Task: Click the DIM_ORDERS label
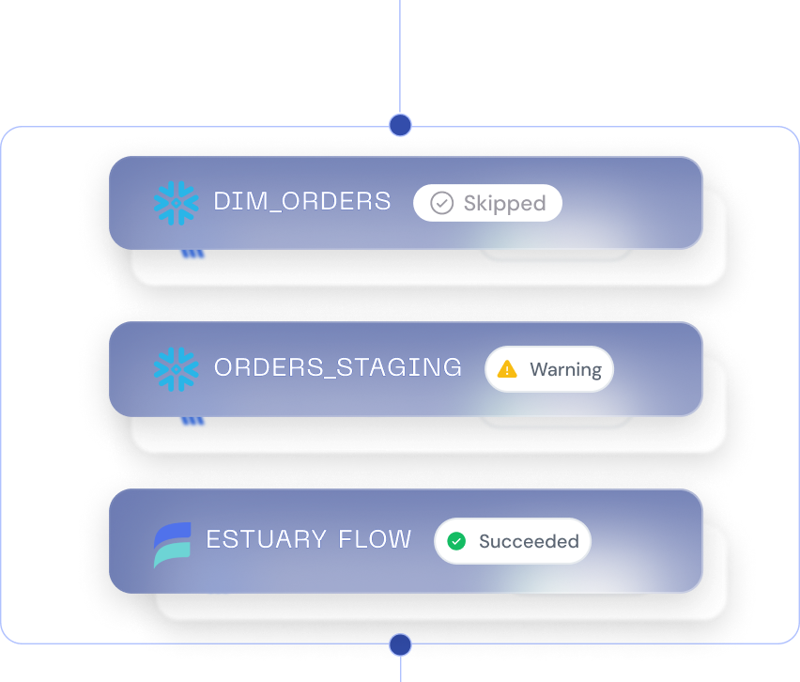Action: (x=302, y=201)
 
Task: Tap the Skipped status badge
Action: (x=487, y=203)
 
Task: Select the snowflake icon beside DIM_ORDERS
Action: (x=176, y=203)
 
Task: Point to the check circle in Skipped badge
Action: (x=441, y=203)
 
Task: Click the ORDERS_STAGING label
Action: (x=338, y=367)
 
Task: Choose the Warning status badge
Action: (x=549, y=369)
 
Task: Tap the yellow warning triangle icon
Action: (x=507, y=369)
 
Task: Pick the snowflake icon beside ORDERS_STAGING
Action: (x=176, y=369)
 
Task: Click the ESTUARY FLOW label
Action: (x=309, y=539)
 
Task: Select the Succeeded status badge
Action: (x=513, y=541)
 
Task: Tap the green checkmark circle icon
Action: (x=456, y=541)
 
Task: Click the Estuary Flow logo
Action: (x=173, y=544)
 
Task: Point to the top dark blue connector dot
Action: (x=401, y=125)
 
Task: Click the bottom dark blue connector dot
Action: (x=401, y=644)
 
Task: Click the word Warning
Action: (x=566, y=369)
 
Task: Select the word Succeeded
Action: (x=529, y=541)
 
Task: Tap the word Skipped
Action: (x=504, y=204)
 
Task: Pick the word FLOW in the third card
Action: (x=375, y=539)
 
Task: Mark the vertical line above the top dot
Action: (x=400, y=57)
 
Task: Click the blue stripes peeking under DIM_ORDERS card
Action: (x=192, y=254)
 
